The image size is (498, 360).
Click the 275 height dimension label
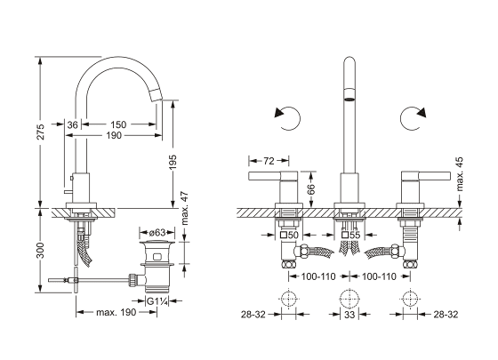(41, 132)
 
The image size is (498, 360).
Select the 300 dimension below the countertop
(41, 250)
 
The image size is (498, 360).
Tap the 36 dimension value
(72, 124)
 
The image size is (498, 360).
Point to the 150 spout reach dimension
(118, 124)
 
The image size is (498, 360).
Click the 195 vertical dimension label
(173, 162)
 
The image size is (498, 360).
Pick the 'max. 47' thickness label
(184, 208)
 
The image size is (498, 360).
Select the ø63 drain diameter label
(157, 233)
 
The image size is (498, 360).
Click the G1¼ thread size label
(157, 301)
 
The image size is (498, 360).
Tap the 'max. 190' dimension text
(116, 312)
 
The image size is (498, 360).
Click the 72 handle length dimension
(269, 161)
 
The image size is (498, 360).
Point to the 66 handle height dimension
(311, 189)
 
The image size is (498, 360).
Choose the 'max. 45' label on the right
(460, 174)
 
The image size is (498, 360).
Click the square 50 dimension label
(289, 236)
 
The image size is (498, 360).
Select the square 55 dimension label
(350, 236)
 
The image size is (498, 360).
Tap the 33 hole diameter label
(349, 315)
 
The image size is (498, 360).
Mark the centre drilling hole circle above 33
(349, 299)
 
